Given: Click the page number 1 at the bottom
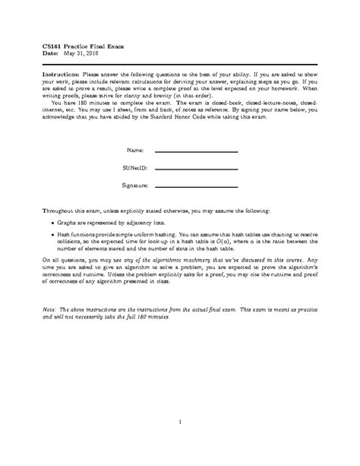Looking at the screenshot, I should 180,422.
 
